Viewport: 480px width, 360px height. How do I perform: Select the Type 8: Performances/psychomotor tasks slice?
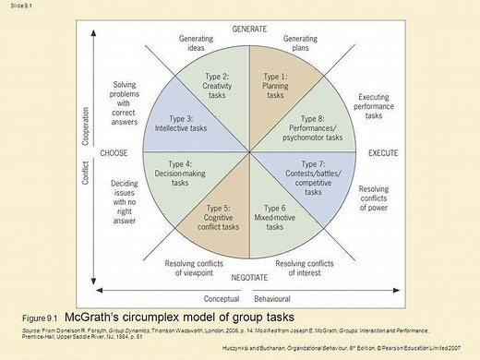pos(309,126)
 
